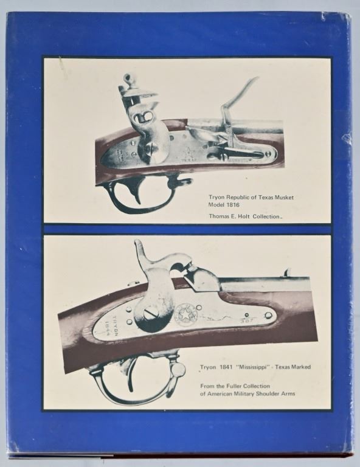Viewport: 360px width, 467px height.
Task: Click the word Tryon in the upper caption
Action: click(x=216, y=198)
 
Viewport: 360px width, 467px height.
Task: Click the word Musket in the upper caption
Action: click(x=285, y=198)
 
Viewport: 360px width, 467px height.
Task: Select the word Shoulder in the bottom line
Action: click(x=269, y=394)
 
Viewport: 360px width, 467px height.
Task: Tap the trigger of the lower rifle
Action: click(x=131, y=376)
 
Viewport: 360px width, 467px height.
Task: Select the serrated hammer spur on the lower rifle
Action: click(x=140, y=249)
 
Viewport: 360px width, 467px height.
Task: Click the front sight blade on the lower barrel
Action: click(x=287, y=272)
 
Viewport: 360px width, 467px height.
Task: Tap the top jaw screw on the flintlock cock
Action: click(x=128, y=79)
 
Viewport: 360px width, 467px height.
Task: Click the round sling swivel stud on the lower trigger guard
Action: click(x=179, y=369)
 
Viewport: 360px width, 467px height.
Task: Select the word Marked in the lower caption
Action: click(x=300, y=367)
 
